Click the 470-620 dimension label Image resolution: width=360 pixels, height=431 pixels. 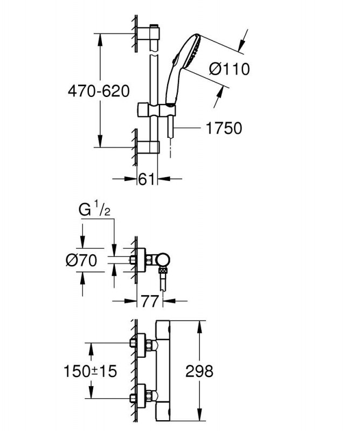(x=99, y=91)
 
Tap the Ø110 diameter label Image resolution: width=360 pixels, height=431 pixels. (x=230, y=69)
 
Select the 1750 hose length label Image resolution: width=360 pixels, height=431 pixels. (x=224, y=128)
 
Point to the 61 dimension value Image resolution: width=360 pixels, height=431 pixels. (x=147, y=179)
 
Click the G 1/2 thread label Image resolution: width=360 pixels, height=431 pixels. (x=95, y=210)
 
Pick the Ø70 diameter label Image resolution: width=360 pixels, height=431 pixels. (x=81, y=260)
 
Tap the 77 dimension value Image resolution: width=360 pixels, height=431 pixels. (x=150, y=301)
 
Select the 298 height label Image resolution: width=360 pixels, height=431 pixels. (x=199, y=371)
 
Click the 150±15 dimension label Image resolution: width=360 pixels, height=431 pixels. (x=90, y=371)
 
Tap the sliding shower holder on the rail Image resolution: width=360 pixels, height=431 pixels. (x=156, y=110)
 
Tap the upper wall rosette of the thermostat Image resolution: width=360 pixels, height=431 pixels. (x=141, y=345)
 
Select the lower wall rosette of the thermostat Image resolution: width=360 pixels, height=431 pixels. (x=141, y=397)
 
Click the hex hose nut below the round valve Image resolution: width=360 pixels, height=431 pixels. (x=163, y=271)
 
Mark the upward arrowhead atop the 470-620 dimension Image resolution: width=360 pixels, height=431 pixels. (x=100, y=40)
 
